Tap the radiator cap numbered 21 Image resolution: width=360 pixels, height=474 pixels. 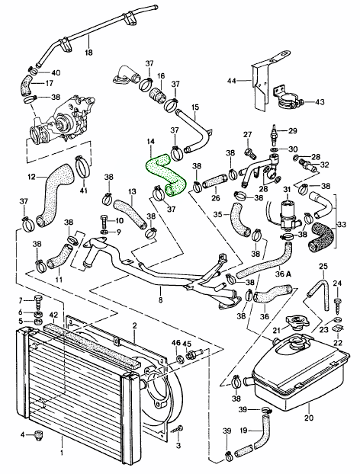coord(296,322)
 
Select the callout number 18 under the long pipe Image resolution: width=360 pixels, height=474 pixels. coord(88,53)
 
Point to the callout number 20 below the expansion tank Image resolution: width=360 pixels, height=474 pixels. coord(309,418)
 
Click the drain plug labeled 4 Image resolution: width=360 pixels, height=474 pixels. coord(40,435)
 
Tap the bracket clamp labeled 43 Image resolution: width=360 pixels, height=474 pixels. coord(290,101)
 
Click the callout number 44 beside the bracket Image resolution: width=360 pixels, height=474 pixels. coord(231,81)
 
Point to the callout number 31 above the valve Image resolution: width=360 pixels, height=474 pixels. coord(286,190)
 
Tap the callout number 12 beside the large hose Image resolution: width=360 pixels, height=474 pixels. coord(32,176)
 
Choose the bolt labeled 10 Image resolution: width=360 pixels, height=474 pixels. coord(104,223)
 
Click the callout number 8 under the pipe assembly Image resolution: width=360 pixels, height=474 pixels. coord(160,300)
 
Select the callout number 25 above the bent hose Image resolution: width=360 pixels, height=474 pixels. coord(323,267)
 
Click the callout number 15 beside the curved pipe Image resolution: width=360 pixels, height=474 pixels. coord(195,107)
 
